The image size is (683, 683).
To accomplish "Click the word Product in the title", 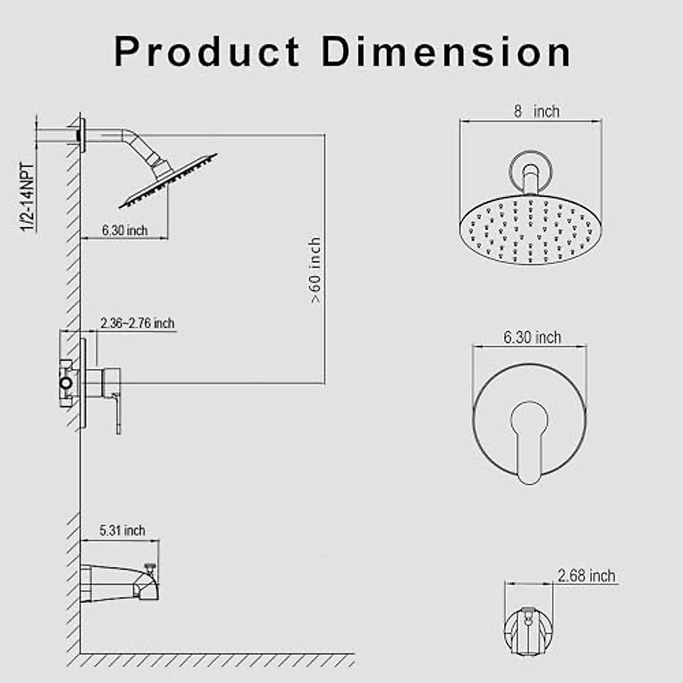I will (207, 52).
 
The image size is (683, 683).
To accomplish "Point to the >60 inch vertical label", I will (315, 271).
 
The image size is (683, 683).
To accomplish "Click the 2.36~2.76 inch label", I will (137, 323).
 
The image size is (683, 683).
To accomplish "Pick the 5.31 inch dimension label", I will (122, 530).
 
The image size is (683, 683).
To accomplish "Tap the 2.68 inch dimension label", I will (586, 576).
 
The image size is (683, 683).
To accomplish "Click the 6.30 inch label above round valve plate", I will (532, 338).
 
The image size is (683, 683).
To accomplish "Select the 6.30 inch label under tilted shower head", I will (125, 231).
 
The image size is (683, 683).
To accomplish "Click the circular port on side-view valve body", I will (67, 383).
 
